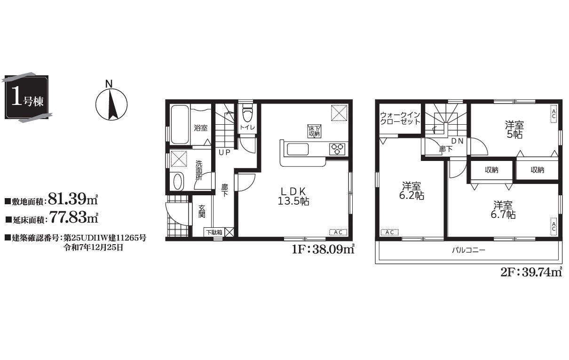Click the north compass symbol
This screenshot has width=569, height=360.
coord(111,104)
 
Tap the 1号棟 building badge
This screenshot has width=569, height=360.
coord(27,97)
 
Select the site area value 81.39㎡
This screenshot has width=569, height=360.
coord(73,199)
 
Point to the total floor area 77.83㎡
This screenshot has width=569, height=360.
coord(74,217)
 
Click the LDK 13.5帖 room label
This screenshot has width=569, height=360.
coord(293,196)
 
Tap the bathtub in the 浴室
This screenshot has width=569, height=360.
coord(180,125)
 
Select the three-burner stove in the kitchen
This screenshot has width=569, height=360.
coord(337,149)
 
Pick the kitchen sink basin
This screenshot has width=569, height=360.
coord(298,149)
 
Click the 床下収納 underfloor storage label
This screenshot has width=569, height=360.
coord(314,131)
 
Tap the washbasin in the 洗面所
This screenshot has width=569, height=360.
coord(178,182)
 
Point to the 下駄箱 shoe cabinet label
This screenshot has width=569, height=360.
coord(214,232)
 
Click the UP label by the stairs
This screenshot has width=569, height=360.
coord(225,152)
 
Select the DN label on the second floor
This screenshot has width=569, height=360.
coord(457,141)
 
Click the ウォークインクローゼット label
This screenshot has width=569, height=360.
coord(400,118)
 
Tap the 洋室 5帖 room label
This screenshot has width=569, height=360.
coord(514,130)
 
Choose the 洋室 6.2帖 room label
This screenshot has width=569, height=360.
coord(411,191)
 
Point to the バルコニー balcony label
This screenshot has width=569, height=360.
coord(468,250)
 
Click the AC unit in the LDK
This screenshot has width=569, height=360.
coord(338,232)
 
